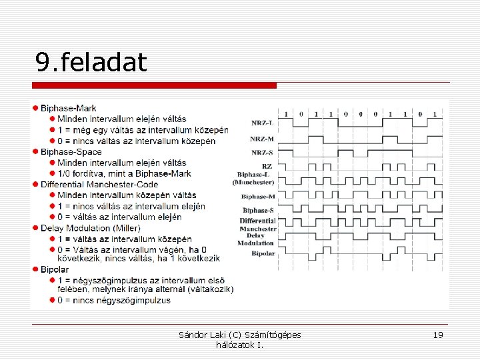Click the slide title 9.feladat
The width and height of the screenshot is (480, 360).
click(x=91, y=63)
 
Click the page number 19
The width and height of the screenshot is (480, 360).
click(x=438, y=335)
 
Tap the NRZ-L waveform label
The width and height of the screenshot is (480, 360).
click(x=262, y=123)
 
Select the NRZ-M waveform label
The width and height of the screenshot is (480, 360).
click(x=262, y=139)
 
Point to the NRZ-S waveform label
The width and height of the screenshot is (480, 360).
click(x=262, y=153)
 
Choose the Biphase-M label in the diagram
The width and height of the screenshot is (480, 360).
click(x=258, y=197)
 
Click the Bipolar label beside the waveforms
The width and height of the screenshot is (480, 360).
click(x=263, y=253)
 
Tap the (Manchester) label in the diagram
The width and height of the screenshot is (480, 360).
click(x=253, y=182)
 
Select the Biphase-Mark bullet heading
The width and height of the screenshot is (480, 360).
click(x=68, y=108)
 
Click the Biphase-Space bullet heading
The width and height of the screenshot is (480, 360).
click(x=71, y=152)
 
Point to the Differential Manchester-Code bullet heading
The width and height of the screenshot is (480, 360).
click(x=99, y=184)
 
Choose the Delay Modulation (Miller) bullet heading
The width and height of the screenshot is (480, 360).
click(x=90, y=228)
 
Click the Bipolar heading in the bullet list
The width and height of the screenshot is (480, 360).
click(x=55, y=269)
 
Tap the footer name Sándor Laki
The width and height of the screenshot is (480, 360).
click(x=200, y=335)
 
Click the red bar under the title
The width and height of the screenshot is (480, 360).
click(x=154, y=85)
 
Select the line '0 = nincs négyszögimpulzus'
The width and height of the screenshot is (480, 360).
click(x=113, y=300)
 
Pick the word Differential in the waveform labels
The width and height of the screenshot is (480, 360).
click(x=258, y=221)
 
